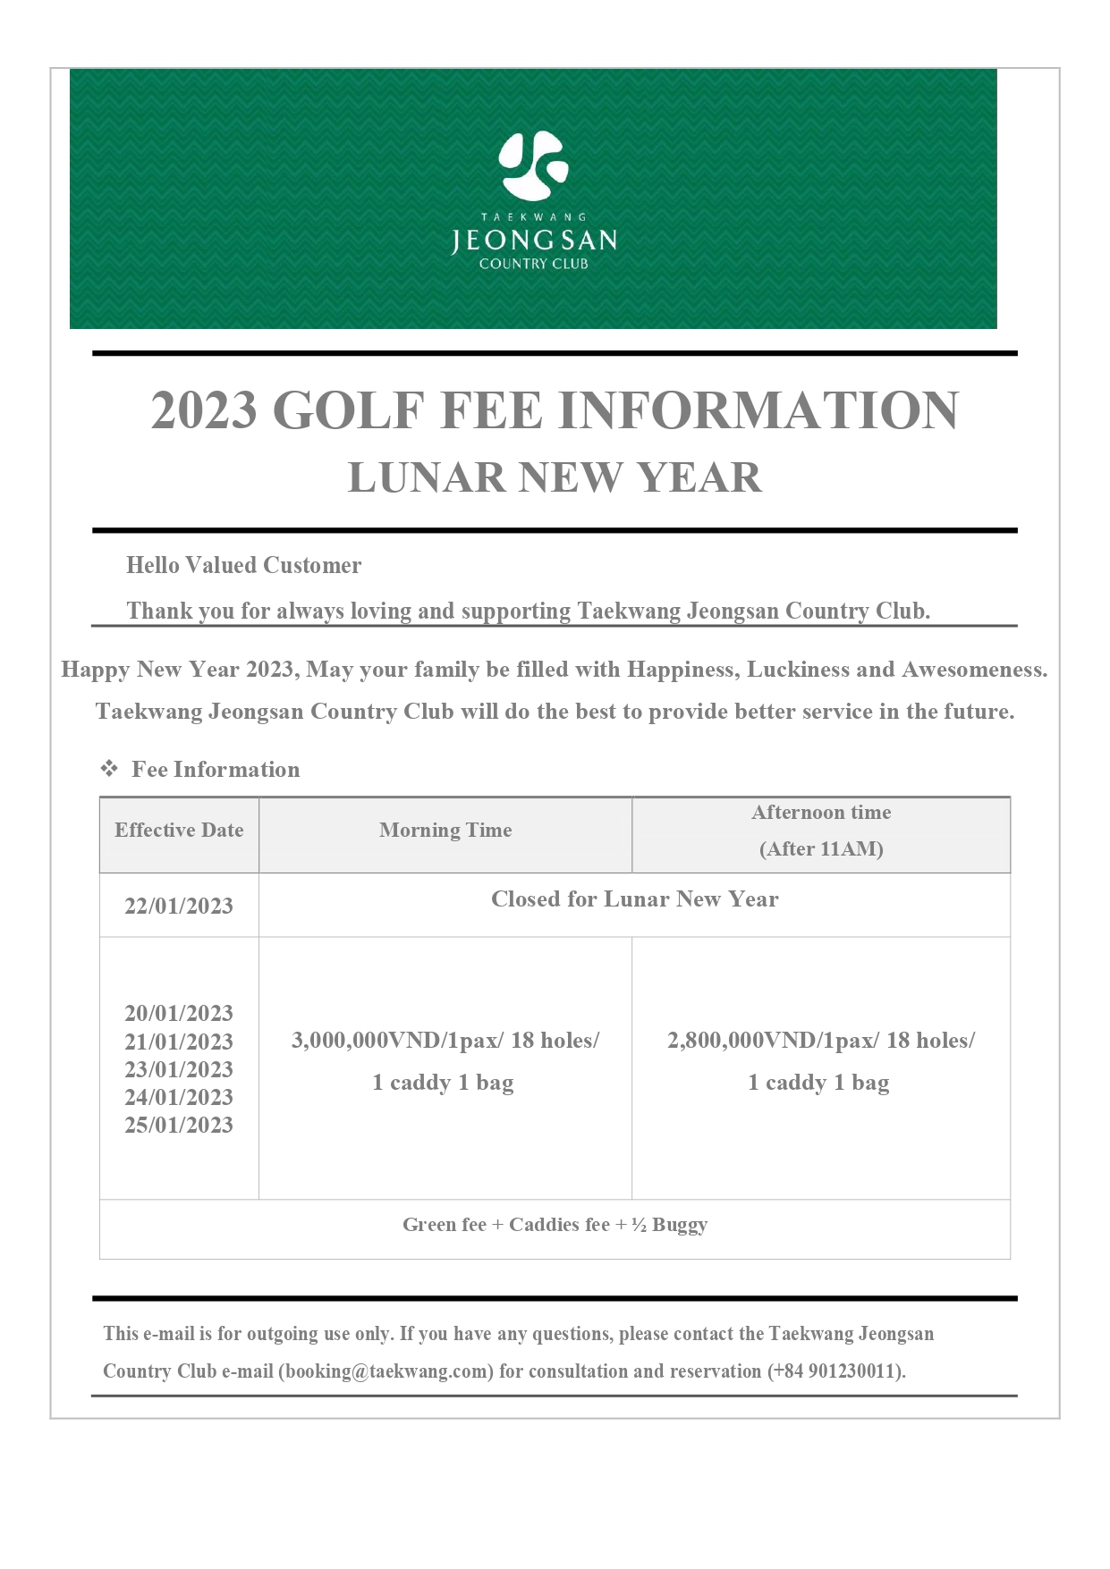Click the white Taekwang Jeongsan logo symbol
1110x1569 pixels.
coord(533,165)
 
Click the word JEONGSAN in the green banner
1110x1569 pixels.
coord(534,240)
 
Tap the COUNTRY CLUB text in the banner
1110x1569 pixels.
coord(534,264)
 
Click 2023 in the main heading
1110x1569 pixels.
coord(204,410)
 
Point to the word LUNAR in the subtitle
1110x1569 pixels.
coord(427,477)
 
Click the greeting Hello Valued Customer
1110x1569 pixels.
coord(243,565)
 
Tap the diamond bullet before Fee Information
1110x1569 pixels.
coord(109,769)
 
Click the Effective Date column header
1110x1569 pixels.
coord(179,831)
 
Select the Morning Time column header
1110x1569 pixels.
coord(445,831)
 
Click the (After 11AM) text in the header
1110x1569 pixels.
coord(821,849)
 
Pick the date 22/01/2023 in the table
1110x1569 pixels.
coord(179,906)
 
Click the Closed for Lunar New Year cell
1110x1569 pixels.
coord(634,899)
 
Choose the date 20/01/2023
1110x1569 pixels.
coord(179,1013)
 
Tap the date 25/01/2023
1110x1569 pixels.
coord(179,1125)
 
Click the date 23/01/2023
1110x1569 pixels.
coord(179,1069)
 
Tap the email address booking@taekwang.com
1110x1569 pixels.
coord(386,1371)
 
